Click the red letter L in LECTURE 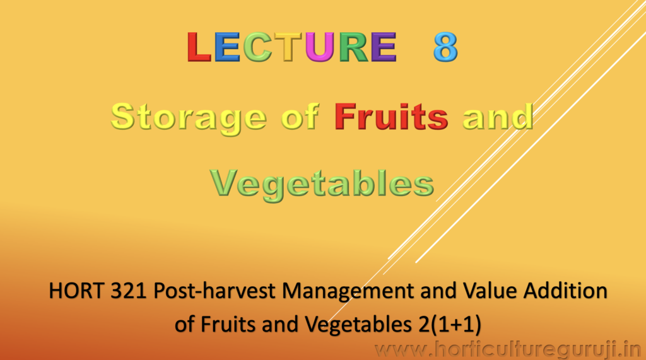point(199,47)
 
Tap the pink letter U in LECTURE point(320,47)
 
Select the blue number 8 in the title point(445,47)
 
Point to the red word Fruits point(391,117)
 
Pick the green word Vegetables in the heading point(322,184)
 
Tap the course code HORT point(76,291)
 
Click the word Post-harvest point(214,291)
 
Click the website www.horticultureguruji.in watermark point(507,351)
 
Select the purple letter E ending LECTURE point(383,47)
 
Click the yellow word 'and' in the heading point(498,117)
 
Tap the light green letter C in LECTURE point(257,47)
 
